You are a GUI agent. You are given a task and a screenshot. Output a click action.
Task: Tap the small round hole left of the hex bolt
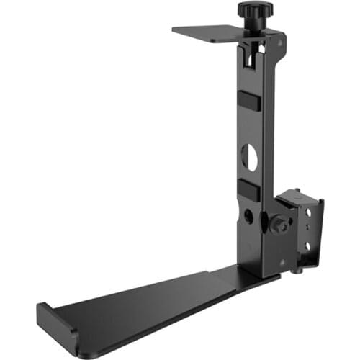pyautogui.click(x=248, y=216)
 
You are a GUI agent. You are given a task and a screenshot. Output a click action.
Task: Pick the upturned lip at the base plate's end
pyautogui.click(x=58, y=328)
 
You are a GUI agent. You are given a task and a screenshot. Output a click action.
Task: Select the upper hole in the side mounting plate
pyautogui.click(x=310, y=212)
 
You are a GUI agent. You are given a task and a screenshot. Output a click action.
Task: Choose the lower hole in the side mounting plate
pyautogui.click(x=308, y=246)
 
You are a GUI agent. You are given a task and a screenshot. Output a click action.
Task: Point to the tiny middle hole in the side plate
pyautogui.click(x=309, y=230)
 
